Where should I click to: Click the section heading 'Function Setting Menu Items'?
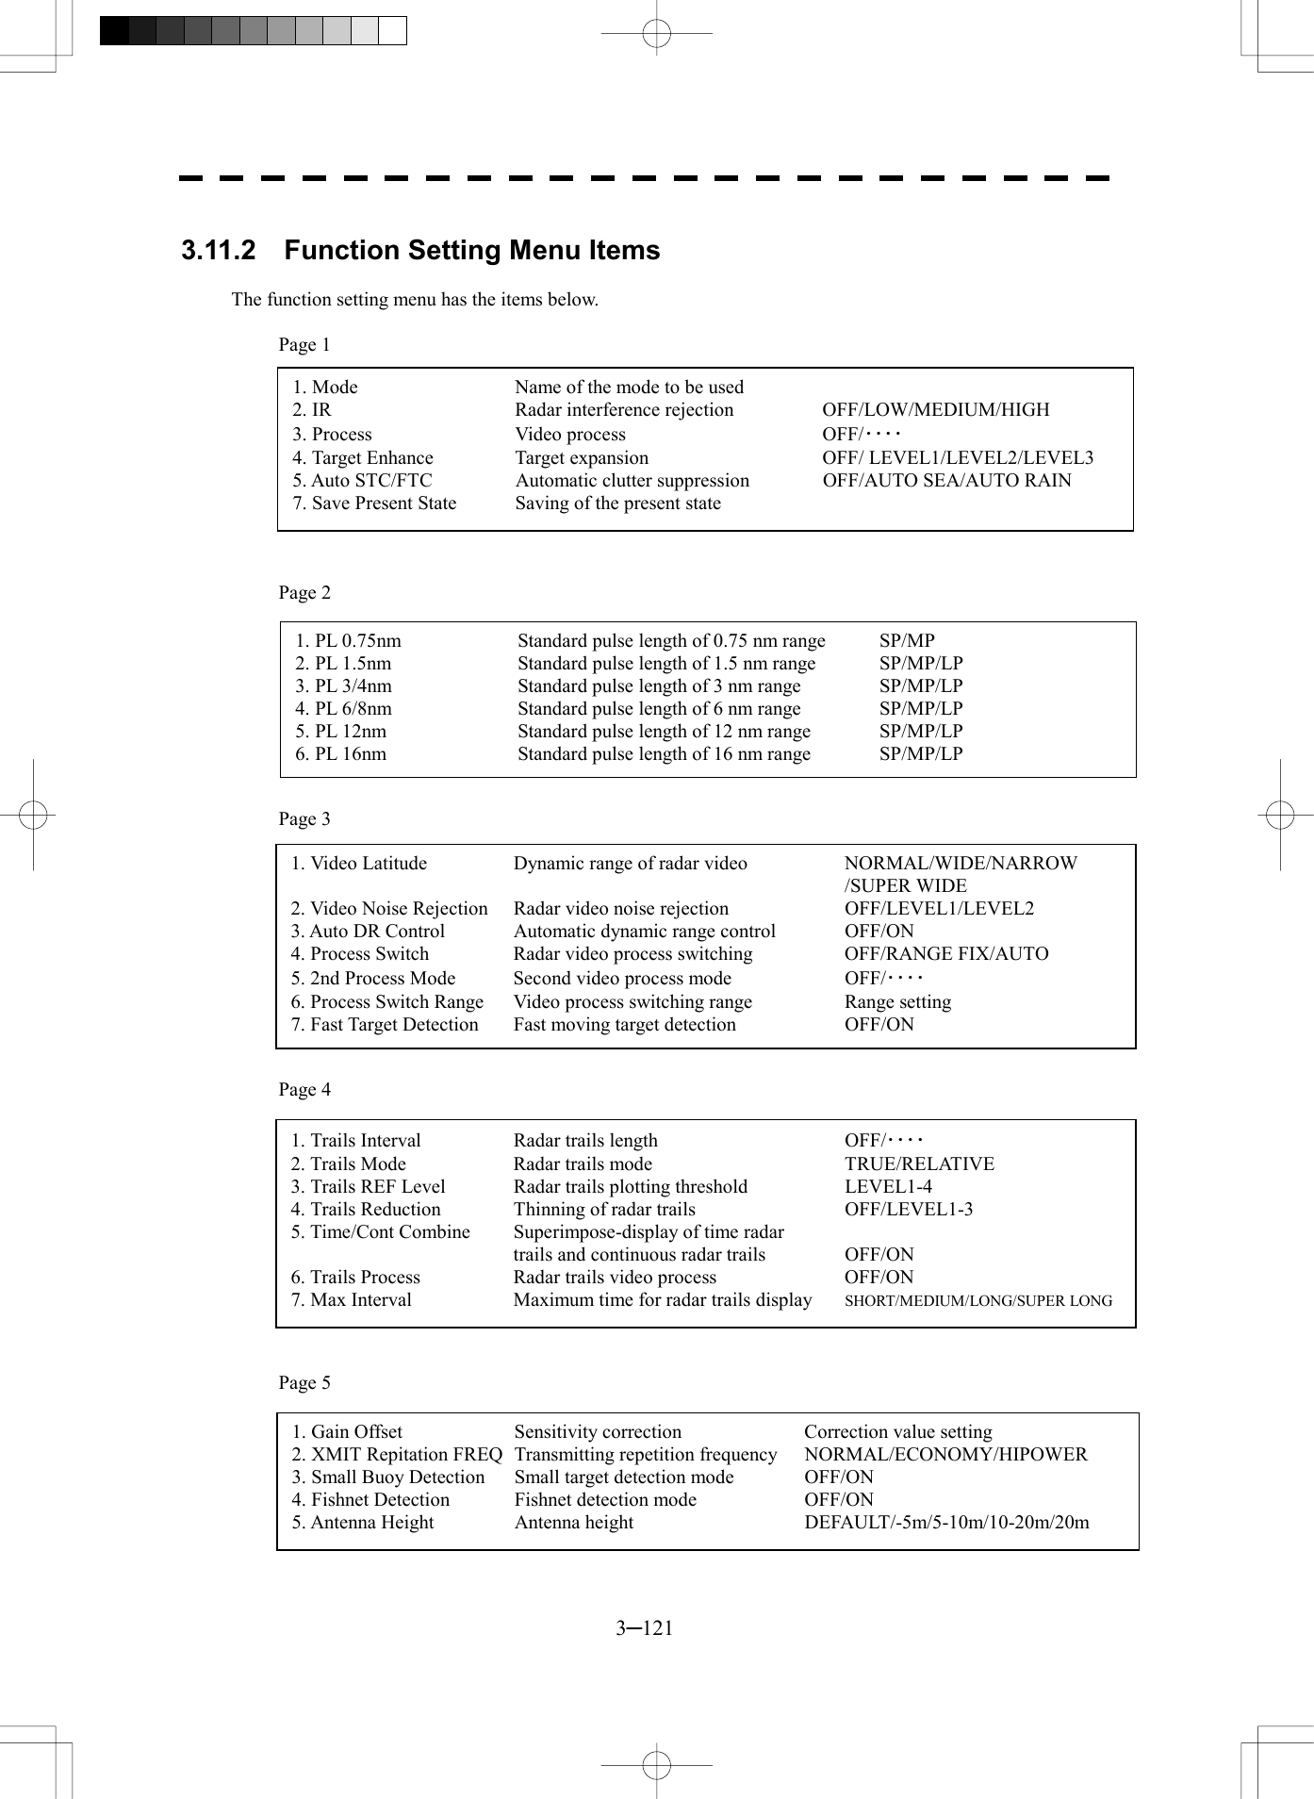pos(471,251)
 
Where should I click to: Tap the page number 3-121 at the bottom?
pos(645,1627)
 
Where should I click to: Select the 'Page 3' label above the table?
pos(304,818)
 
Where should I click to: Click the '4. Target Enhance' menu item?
pos(363,457)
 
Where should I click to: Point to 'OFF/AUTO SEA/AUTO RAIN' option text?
pos(946,480)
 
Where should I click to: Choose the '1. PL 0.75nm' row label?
pos(348,640)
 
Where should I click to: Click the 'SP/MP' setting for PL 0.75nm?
pos(907,640)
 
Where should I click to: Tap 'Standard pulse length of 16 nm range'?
pos(664,753)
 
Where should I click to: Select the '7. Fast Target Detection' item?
pos(385,1024)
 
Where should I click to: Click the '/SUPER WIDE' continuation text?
pos(905,885)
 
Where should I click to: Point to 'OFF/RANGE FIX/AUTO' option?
pos(946,953)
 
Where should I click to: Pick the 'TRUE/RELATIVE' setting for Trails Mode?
pos(919,1164)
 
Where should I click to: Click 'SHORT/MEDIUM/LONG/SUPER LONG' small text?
pos(977,1300)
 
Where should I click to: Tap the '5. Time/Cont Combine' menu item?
pos(380,1231)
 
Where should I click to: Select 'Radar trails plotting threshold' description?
pos(630,1186)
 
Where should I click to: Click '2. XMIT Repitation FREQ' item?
pos(397,1454)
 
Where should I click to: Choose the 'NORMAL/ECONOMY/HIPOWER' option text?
pos(945,1454)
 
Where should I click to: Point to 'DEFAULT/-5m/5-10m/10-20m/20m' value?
pos(946,1522)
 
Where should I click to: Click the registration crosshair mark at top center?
pos(656,34)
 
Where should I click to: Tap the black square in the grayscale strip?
pos(114,31)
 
